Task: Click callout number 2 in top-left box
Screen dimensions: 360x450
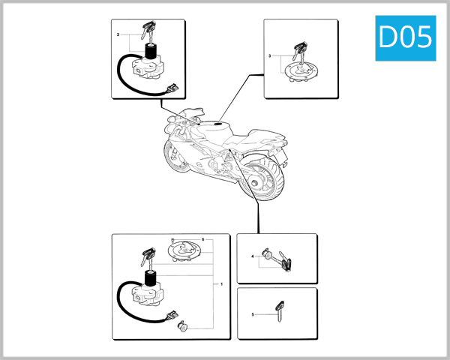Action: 118,35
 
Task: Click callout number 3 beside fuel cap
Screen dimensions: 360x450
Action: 269,56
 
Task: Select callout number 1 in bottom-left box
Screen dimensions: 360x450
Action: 221,284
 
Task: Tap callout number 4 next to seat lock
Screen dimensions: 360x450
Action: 252,257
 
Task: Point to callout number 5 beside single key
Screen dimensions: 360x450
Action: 252,314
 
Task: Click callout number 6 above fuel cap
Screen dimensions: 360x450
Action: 202,239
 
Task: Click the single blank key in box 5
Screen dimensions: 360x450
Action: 280,309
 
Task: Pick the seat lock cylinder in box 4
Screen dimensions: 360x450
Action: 265,256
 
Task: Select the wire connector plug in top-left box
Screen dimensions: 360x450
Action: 175,88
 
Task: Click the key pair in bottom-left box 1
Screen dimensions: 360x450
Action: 145,258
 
